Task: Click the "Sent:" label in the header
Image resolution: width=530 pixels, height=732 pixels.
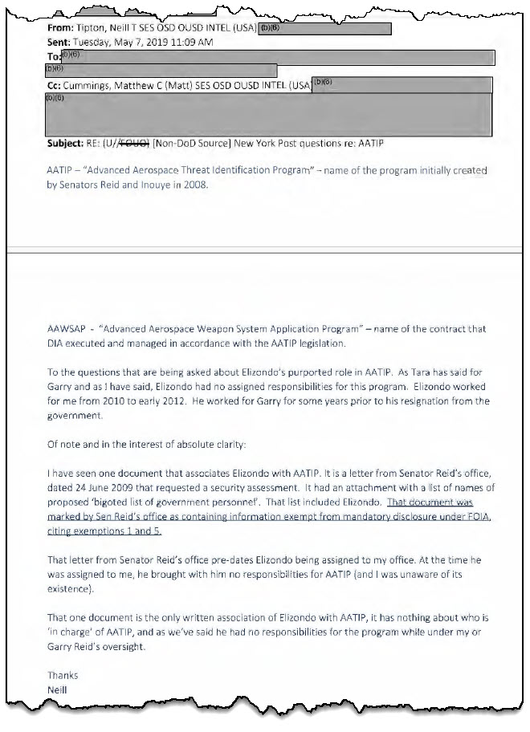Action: pyautogui.click(x=61, y=43)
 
